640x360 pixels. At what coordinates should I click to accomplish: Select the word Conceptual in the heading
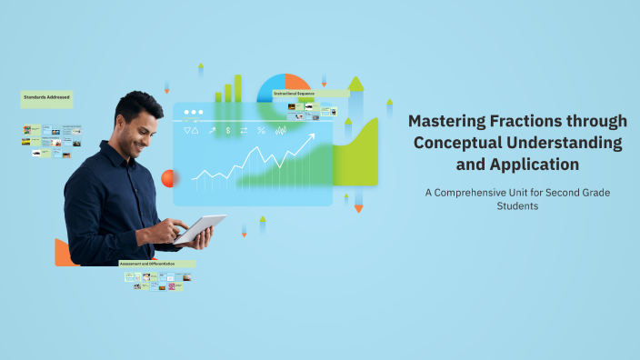(x=457, y=143)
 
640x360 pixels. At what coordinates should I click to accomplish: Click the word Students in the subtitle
(x=517, y=206)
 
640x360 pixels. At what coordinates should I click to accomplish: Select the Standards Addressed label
(x=46, y=95)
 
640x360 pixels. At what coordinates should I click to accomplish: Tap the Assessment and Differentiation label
(x=155, y=264)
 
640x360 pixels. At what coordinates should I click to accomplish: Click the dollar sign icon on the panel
(x=228, y=131)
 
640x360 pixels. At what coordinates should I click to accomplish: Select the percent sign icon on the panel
(x=261, y=131)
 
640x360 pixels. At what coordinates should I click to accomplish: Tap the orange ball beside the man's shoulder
(x=167, y=177)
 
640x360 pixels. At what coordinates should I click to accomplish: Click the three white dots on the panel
(x=193, y=114)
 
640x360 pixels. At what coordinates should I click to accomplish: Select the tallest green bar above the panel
(x=238, y=88)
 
